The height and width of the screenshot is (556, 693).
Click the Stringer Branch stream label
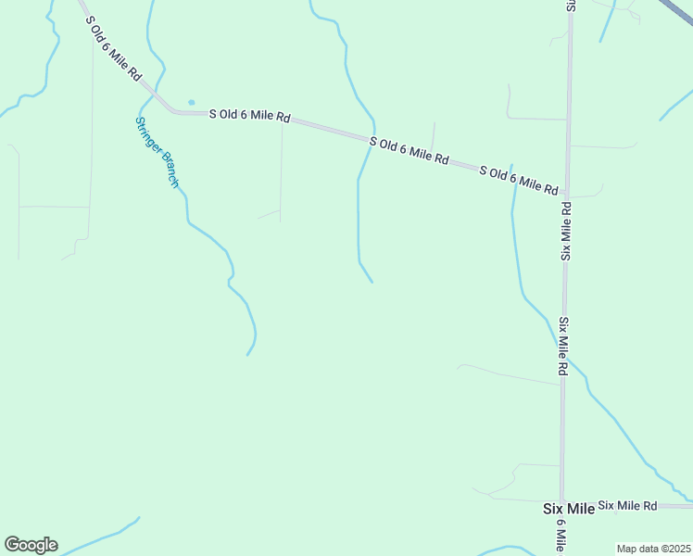pos(157,152)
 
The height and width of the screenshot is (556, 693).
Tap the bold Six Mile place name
pos(567,510)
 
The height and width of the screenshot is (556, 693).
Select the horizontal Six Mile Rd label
pos(627,505)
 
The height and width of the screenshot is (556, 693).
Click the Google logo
pos(31,544)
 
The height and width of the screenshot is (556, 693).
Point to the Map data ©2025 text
pos(654,548)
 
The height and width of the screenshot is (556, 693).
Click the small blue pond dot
pos(191,102)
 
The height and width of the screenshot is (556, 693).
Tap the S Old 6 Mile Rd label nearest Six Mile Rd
pos(518,179)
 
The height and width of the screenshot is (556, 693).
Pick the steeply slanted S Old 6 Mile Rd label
pos(113,48)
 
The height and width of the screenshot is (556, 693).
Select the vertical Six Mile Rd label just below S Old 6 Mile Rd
pos(565,232)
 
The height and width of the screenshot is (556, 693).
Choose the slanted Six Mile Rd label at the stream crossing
pos(563,346)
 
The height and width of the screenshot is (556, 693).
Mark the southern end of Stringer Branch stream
pos(247,354)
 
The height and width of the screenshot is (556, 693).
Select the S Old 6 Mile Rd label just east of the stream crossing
pos(409,151)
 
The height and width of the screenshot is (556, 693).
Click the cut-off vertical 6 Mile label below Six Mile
pos(561,536)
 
